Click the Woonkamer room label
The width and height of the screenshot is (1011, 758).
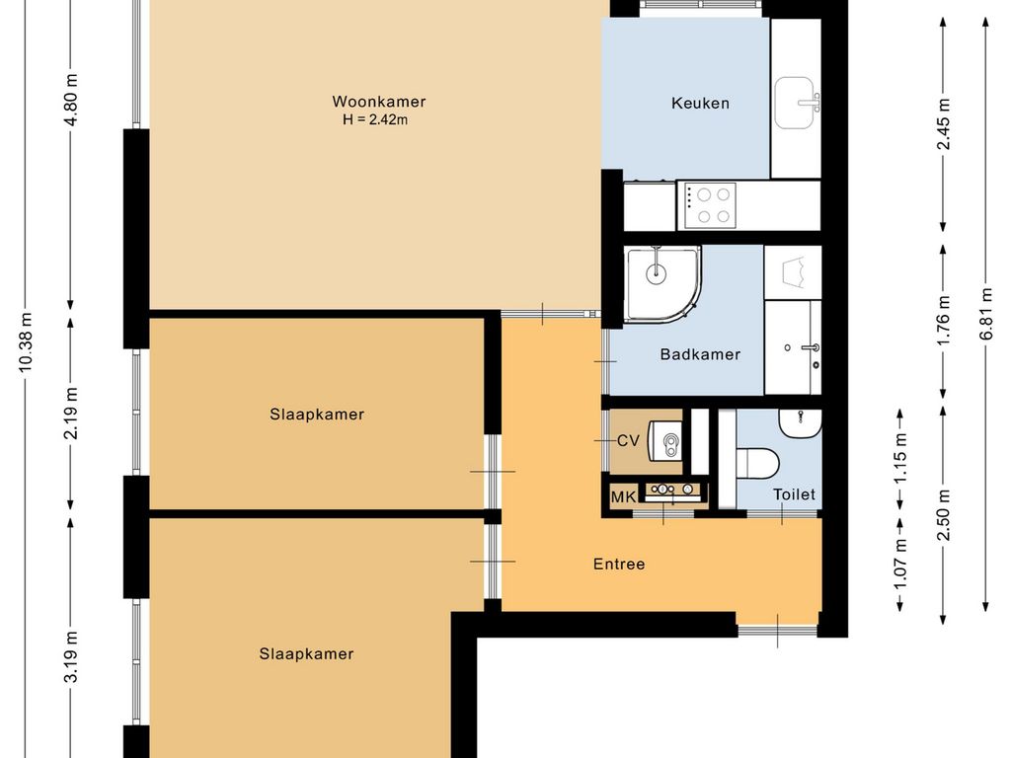[378, 102]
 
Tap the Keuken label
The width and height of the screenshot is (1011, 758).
[700, 103]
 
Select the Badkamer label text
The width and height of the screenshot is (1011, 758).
[700, 354]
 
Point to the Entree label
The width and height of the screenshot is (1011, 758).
[619, 564]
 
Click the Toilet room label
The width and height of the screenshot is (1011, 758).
[795, 494]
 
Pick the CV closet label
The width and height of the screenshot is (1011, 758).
[628, 441]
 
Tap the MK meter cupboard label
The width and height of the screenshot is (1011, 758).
[624, 497]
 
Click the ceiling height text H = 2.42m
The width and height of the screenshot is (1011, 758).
[375, 119]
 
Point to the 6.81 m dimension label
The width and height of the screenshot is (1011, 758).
[986, 313]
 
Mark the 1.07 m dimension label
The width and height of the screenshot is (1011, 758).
[900, 563]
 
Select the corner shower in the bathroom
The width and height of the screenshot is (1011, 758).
[662, 283]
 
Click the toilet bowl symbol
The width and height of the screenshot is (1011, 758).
[758, 464]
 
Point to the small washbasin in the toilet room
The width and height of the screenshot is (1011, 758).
[800, 422]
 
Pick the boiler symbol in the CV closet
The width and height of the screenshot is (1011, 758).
[664, 441]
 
